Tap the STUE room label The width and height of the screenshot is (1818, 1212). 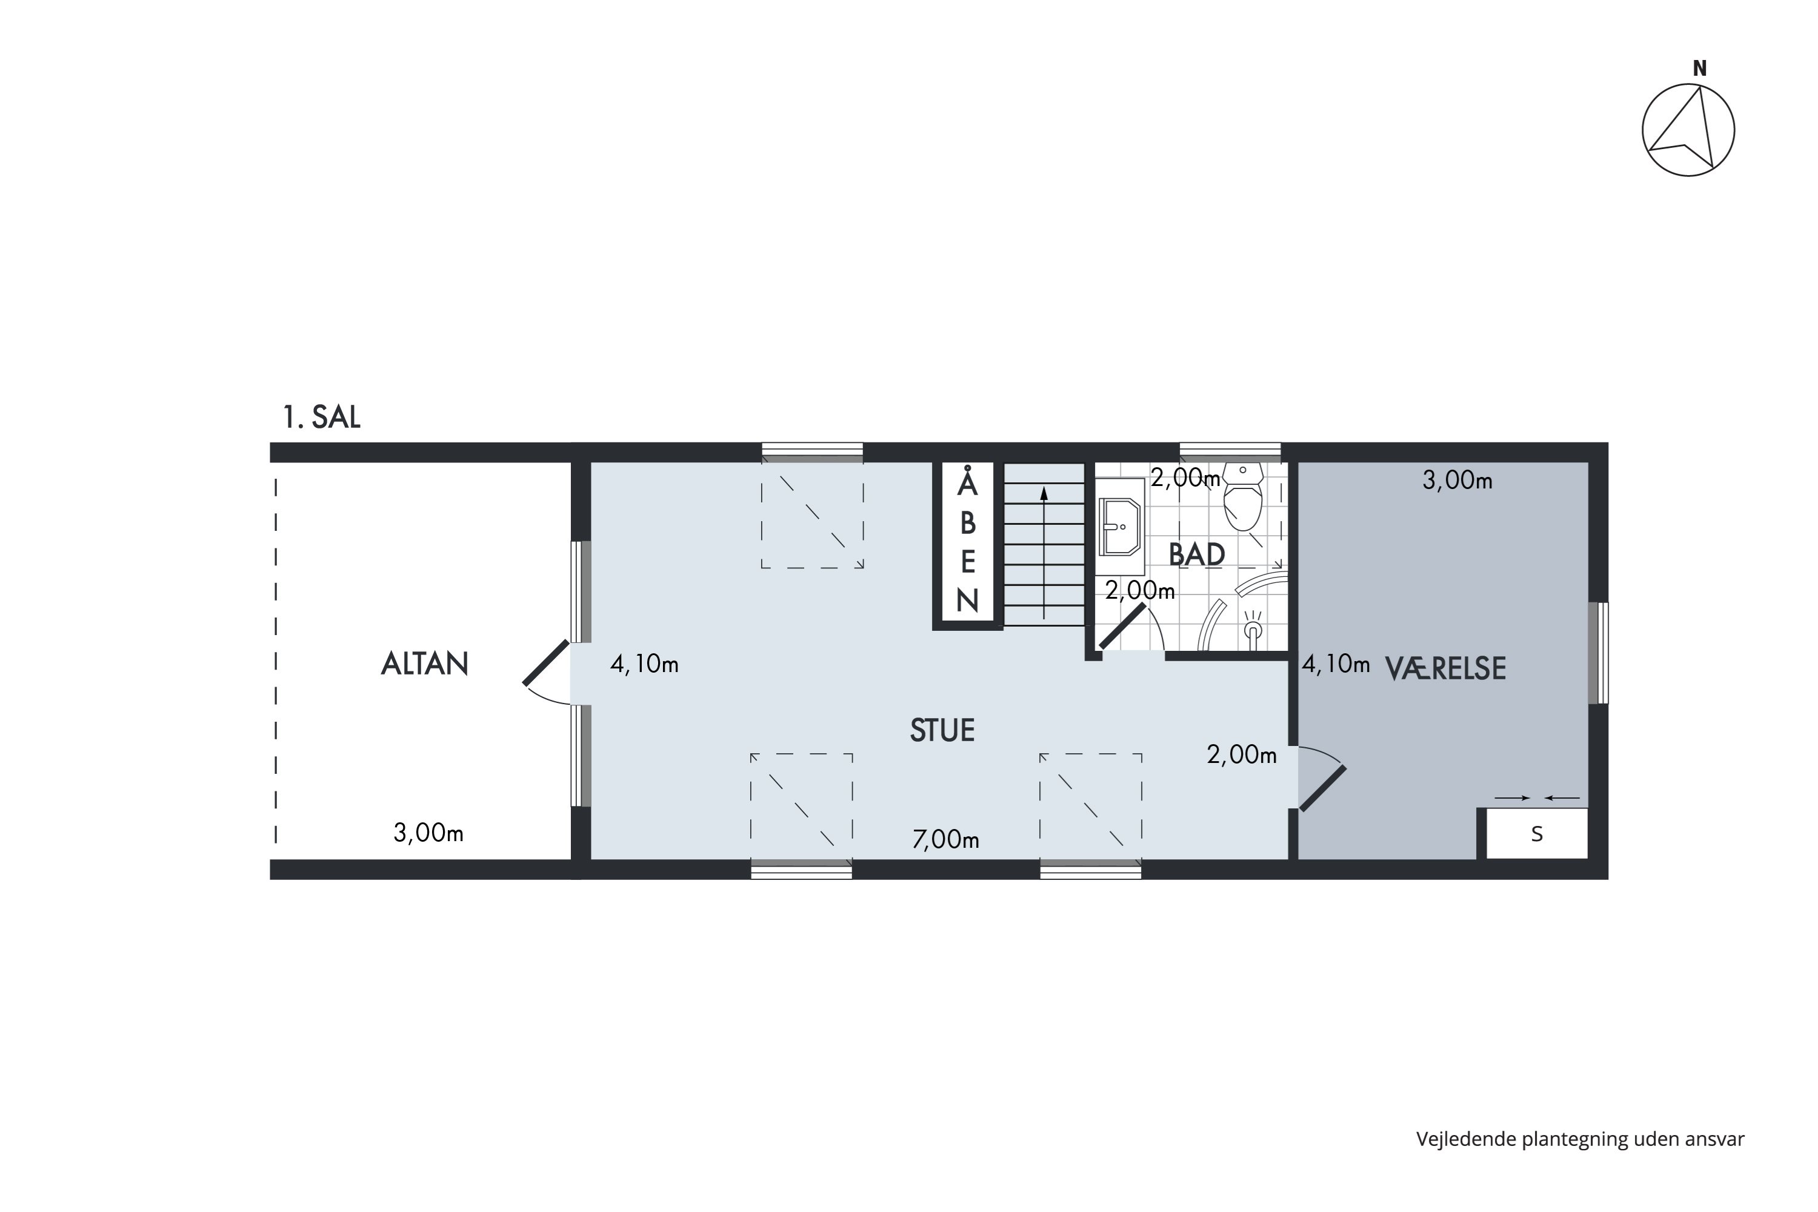tap(942, 730)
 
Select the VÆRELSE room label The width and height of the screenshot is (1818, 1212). tap(1445, 668)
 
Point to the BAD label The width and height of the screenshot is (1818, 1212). tap(1196, 554)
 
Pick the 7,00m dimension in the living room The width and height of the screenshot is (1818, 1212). tap(945, 839)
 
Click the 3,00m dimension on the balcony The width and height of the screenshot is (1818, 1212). tap(428, 833)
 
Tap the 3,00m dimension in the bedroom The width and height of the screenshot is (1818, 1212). tap(1457, 480)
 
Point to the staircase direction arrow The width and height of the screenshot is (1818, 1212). tap(1044, 553)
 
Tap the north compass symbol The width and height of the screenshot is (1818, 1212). tap(1688, 130)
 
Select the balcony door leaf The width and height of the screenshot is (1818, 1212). tap(547, 663)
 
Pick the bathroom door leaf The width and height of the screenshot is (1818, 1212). tap(1122, 626)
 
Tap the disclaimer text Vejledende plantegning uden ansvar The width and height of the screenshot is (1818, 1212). tap(1580, 1139)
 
